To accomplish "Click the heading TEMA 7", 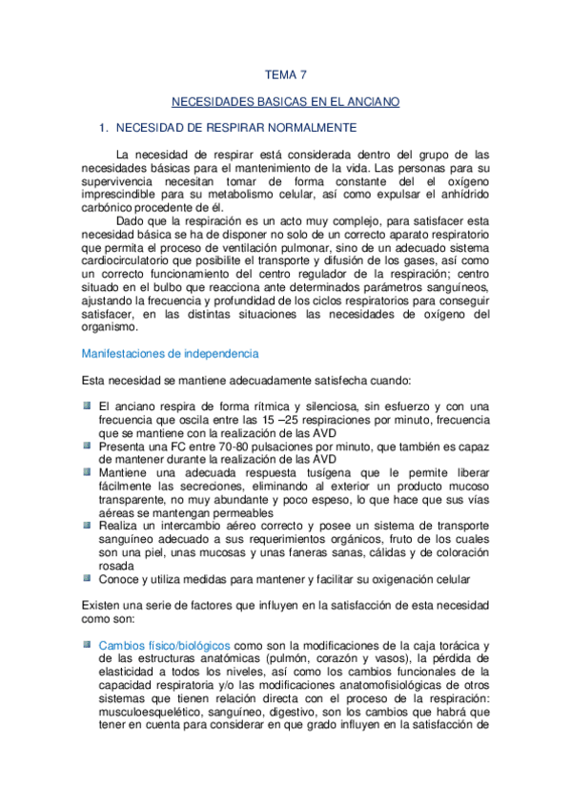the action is [x=285, y=73].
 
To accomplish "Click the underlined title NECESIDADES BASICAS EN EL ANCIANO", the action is [x=285, y=100].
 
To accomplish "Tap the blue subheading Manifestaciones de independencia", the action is [x=170, y=354].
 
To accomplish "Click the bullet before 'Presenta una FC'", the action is [x=87, y=443].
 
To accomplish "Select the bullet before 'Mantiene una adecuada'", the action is [x=87, y=469].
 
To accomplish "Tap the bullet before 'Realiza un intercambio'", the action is [x=87, y=524].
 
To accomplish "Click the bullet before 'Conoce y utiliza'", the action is [x=87, y=577].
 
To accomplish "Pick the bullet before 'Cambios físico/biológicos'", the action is [x=87, y=645].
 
